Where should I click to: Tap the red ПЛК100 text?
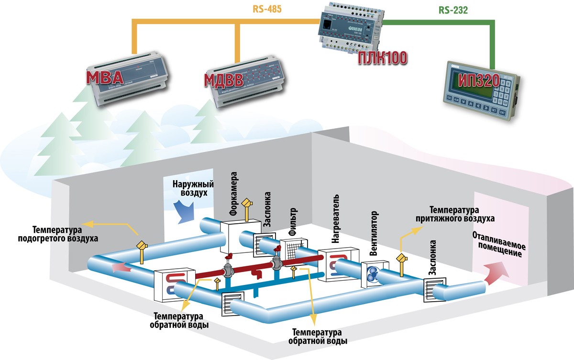383,59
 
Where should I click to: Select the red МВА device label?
106,77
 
